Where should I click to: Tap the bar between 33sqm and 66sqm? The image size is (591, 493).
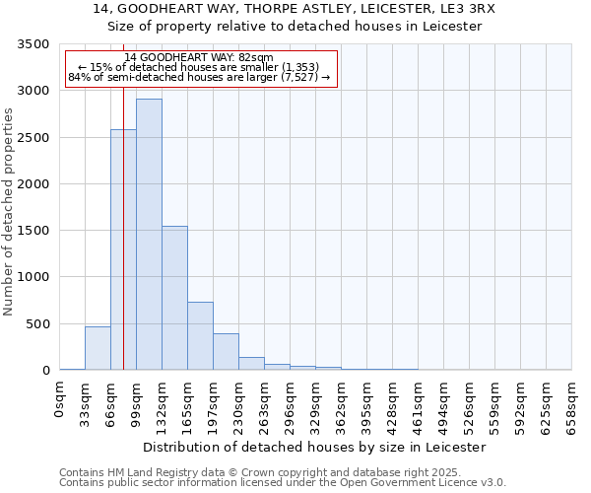98,348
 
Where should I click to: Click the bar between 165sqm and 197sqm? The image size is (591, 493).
200,336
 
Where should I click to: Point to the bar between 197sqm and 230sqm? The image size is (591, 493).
226,352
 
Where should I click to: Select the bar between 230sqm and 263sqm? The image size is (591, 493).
251,364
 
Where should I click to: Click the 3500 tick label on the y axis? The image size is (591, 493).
34,45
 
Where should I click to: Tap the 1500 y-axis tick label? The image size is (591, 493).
34,231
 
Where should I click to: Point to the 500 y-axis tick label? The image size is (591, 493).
38,324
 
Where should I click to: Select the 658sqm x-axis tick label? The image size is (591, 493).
571,405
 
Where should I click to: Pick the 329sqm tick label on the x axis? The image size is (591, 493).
316,405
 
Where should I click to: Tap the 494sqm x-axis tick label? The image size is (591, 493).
444,405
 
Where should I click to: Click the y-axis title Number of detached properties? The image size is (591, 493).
9,208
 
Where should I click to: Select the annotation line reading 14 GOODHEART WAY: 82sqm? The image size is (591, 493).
199,58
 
